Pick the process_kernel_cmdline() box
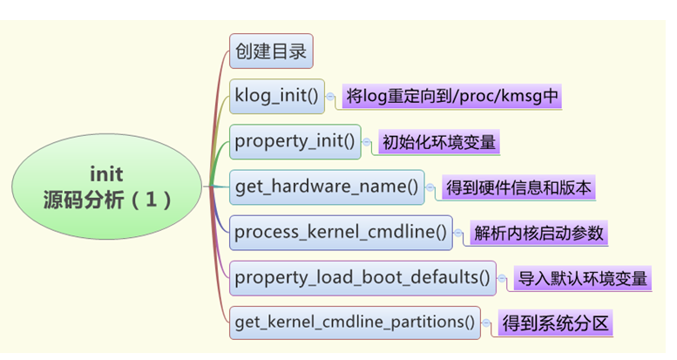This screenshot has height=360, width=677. (x=340, y=233)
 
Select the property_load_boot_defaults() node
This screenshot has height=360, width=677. (x=362, y=278)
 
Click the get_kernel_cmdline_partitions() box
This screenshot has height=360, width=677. (x=355, y=323)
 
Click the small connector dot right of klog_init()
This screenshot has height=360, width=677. (x=330, y=96)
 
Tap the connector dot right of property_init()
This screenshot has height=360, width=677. (x=367, y=142)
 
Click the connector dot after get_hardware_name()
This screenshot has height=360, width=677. (x=431, y=187)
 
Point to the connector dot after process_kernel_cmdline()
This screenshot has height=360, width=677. (x=459, y=233)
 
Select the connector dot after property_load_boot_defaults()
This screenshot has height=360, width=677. (x=503, y=278)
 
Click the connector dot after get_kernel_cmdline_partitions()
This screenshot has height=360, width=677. (x=487, y=323)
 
